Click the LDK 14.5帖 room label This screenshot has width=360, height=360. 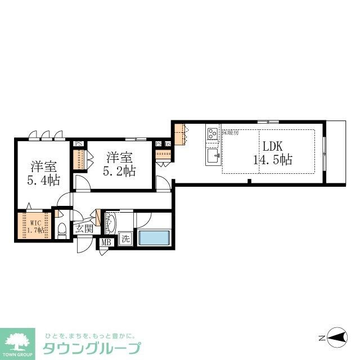(272, 152)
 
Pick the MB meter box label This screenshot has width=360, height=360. (105, 242)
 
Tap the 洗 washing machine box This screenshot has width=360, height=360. (125, 238)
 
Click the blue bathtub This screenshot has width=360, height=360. (154, 237)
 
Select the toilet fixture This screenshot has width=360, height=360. (62, 229)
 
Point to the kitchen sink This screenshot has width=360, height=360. (213, 156)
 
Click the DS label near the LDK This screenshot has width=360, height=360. (168, 143)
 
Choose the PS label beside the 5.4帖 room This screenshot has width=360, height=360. (79, 143)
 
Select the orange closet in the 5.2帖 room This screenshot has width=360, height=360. (79, 160)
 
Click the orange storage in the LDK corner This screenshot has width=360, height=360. (179, 134)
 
